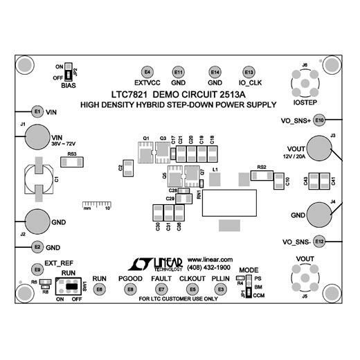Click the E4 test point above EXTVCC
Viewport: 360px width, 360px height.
coord(147,73)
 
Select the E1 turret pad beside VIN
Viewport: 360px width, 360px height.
coord(37,111)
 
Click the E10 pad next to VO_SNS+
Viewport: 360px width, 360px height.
coord(319,120)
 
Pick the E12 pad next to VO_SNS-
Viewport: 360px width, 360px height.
coord(318,242)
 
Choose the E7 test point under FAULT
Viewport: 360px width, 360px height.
coord(161,289)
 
